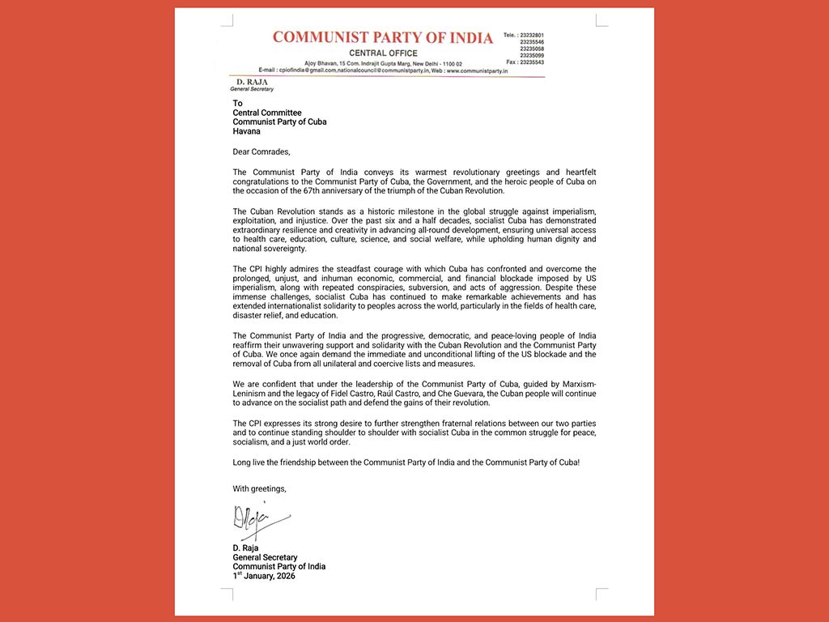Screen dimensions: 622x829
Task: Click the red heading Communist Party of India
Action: [382, 37]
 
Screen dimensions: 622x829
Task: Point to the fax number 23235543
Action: [531, 62]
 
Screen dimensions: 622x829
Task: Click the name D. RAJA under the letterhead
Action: [246, 83]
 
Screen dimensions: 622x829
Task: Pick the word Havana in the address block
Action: [247, 131]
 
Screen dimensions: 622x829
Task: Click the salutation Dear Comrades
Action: [261, 151]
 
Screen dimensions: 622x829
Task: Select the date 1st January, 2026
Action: [264, 576]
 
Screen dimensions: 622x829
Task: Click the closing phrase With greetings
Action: [259, 488]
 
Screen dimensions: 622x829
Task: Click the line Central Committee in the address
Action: [267, 113]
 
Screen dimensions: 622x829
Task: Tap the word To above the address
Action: [237, 104]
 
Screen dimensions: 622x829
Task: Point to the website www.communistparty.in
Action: [477, 71]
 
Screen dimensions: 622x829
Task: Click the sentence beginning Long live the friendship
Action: [406, 462]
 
